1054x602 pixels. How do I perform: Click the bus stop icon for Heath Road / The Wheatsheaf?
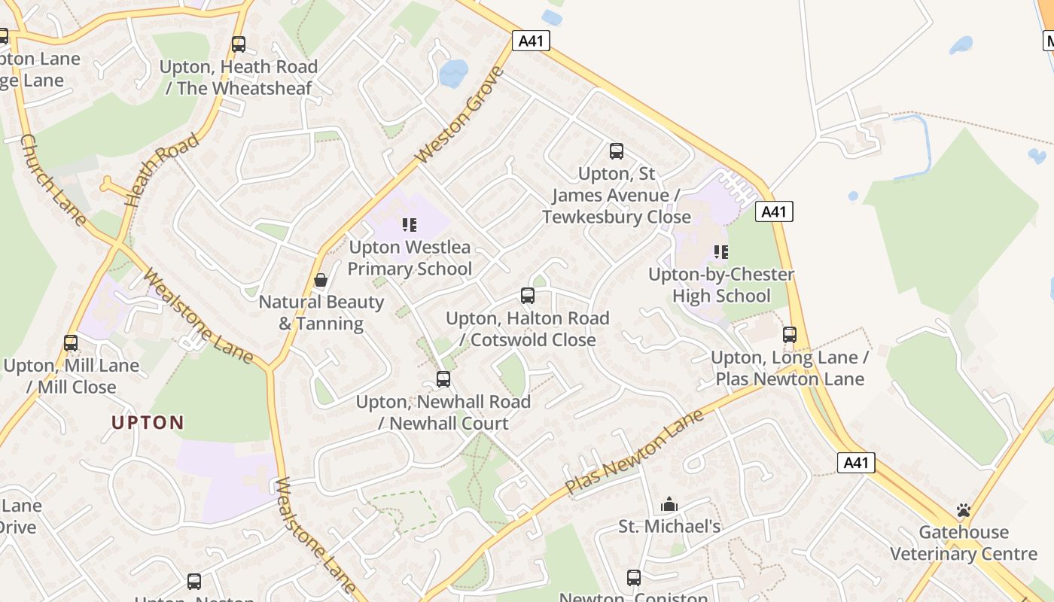[239, 44]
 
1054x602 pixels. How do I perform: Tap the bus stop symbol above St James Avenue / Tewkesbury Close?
[617, 151]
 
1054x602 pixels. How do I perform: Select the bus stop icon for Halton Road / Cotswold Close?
[528, 296]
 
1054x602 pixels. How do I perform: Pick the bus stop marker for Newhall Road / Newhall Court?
[443, 379]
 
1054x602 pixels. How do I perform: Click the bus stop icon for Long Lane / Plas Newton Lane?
[790, 335]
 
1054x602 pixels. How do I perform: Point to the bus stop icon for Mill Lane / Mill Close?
[71, 343]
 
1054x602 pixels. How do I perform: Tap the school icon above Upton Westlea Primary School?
[410, 224]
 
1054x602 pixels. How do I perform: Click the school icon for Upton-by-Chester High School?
[721, 251]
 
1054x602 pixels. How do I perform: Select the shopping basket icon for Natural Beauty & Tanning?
[321, 281]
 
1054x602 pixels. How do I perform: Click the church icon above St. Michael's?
[669, 504]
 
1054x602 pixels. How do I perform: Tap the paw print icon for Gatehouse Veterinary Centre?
[964, 510]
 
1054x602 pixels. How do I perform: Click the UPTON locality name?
[148, 422]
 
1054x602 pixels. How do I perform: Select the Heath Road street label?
[163, 170]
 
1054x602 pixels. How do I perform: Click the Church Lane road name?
[53, 179]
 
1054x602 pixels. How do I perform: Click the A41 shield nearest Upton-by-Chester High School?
[774, 211]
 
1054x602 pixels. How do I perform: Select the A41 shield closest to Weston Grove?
[531, 41]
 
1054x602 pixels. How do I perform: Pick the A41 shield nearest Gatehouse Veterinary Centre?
[856, 462]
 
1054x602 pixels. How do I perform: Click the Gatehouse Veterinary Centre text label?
[964, 543]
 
